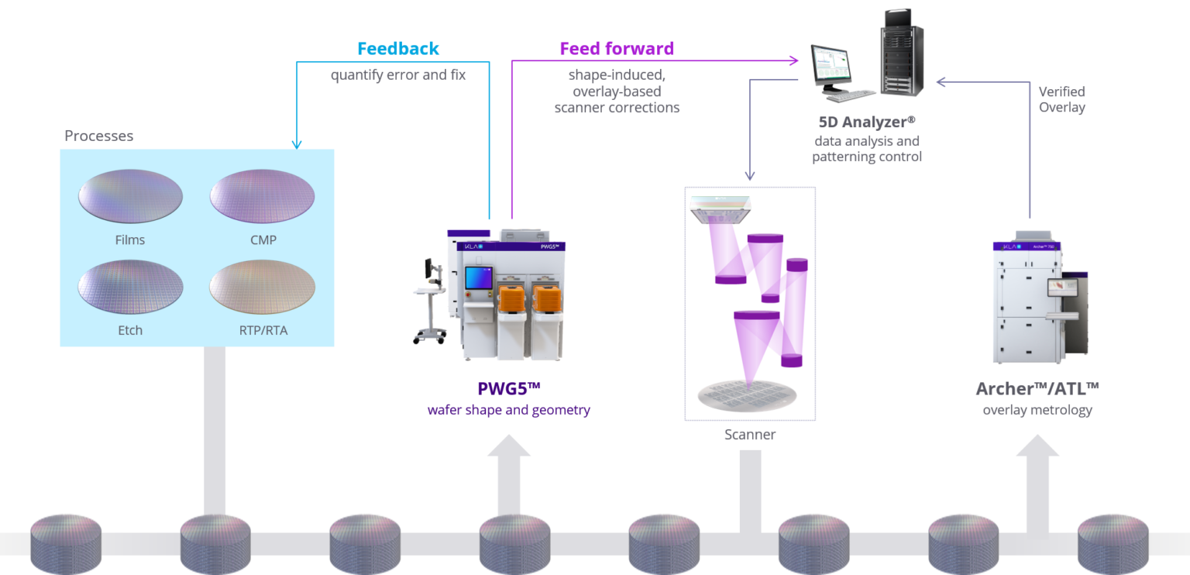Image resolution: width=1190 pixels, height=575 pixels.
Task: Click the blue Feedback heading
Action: pyautogui.click(x=398, y=49)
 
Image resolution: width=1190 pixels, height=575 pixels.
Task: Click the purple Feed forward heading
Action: pyautogui.click(x=617, y=49)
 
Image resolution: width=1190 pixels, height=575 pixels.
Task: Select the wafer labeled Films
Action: pyautogui.click(x=130, y=197)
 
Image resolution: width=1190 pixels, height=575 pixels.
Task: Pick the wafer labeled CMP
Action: pyautogui.click(x=263, y=197)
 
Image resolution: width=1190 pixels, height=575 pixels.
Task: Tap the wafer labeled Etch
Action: pyautogui.click(x=130, y=287)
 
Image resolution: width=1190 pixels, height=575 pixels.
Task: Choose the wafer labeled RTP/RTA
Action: pyautogui.click(x=263, y=287)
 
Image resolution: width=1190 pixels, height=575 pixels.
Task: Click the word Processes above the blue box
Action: pyautogui.click(x=99, y=136)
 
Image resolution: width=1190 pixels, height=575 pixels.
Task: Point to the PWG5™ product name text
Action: pyautogui.click(x=508, y=388)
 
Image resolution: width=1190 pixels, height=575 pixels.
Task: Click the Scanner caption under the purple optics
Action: pyautogui.click(x=750, y=435)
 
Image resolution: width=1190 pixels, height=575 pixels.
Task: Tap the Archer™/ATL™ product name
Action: pyautogui.click(x=1037, y=388)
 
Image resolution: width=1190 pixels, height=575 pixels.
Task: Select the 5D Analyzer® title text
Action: pyautogui.click(x=867, y=122)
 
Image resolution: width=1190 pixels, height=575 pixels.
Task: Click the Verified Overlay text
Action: pyautogui.click(x=1061, y=99)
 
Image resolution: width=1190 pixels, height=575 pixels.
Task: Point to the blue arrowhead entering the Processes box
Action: pyautogui.click(x=297, y=143)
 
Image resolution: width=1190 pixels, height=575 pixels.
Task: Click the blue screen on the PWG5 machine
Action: pyautogui.click(x=478, y=280)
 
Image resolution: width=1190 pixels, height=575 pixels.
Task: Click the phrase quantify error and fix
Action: pyautogui.click(x=398, y=75)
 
